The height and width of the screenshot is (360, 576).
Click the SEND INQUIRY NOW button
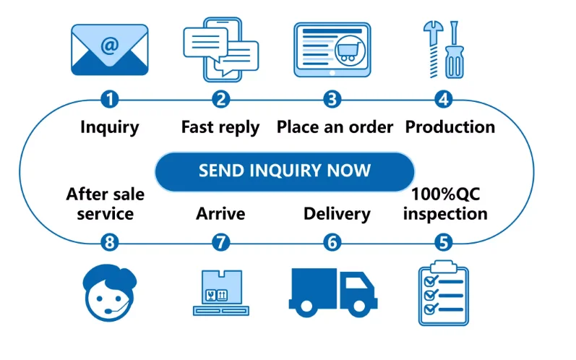pos(285,171)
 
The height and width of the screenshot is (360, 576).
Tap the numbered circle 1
pos(109,100)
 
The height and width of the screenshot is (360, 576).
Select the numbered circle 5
pos(443,243)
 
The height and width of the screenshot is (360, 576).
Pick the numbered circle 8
pos(109,243)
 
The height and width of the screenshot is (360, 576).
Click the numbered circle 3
pos(332,100)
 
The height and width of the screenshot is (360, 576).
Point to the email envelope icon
pos(109,50)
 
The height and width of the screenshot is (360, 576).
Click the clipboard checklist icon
pos(443,293)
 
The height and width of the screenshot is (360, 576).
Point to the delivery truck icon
pos(332,293)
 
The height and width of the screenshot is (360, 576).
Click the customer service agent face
pos(108,293)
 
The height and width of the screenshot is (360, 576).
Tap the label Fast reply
pos(220,128)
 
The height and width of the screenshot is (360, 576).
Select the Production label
pos(450,127)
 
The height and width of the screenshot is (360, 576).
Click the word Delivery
pos(336,214)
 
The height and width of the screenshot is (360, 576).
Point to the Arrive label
pos(220,214)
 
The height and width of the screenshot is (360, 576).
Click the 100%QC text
pos(445,194)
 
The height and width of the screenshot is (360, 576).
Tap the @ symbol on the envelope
pos(109,46)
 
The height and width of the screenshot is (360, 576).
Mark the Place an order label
pos(335,128)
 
